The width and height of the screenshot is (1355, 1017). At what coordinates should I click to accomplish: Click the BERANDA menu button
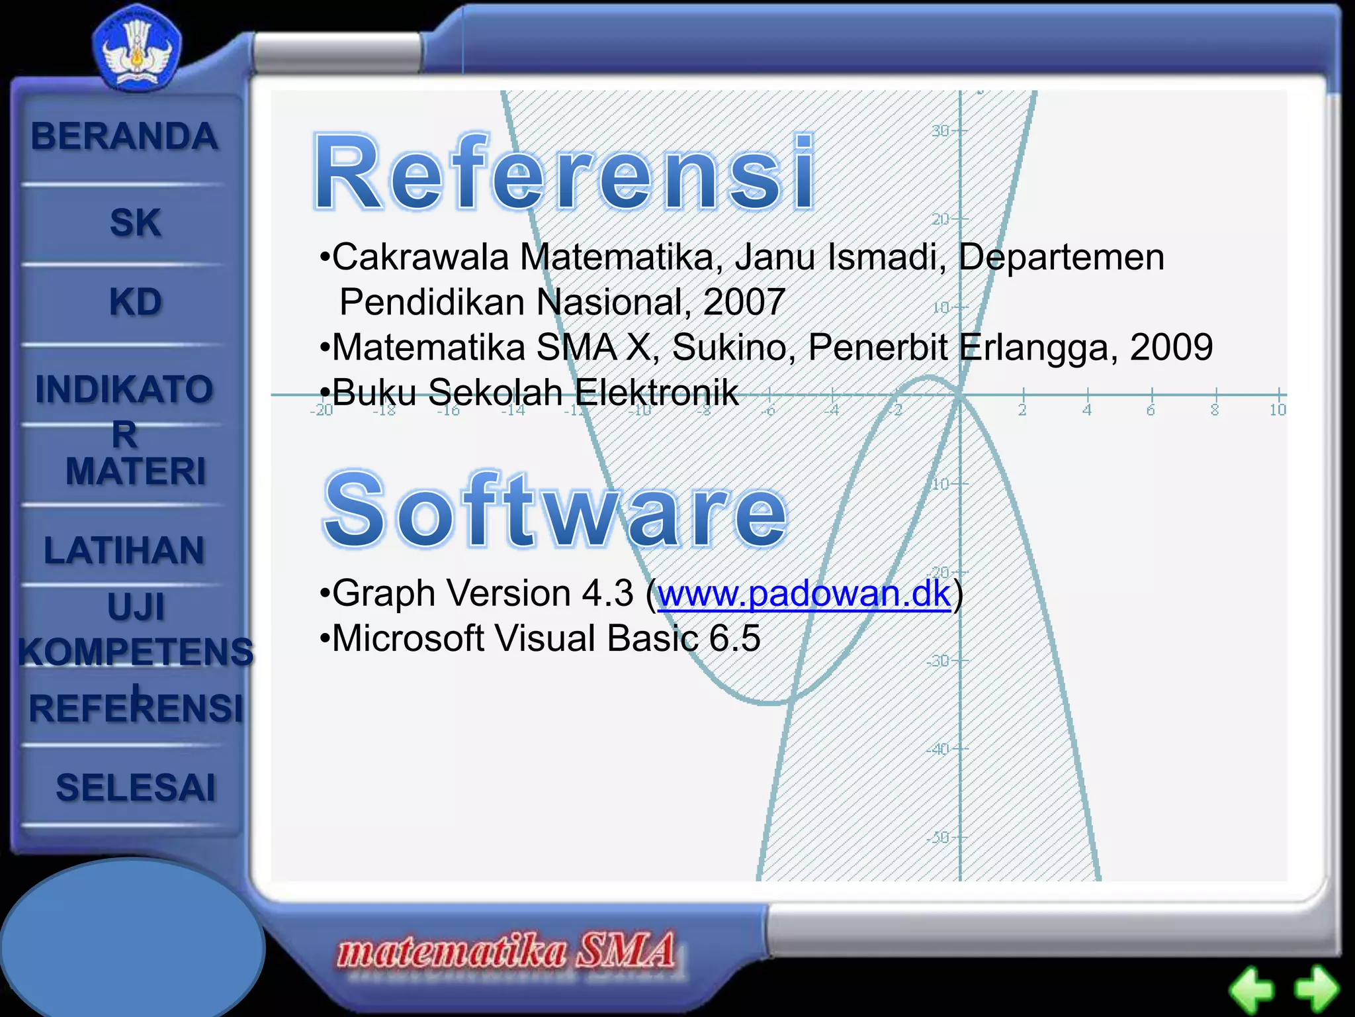pyautogui.click(x=124, y=137)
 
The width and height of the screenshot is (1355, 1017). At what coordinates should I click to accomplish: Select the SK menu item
pyautogui.click(x=135, y=222)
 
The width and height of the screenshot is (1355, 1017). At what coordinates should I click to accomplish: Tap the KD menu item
pyautogui.click(x=135, y=303)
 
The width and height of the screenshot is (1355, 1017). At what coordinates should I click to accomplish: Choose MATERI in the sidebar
pyautogui.click(x=135, y=471)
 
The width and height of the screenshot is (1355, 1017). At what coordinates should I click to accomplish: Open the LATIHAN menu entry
pyautogui.click(x=124, y=551)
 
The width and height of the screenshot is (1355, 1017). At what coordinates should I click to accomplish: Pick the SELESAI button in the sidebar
pyautogui.click(x=136, y=788)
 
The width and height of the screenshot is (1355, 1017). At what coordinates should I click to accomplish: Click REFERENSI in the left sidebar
pyautogui.click(x=136, y=708)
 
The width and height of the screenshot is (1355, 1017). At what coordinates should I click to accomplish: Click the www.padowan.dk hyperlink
pyautogui.click(x=804, y=593)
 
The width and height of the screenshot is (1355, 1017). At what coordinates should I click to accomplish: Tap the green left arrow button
pyautogui.click(x=1251, y=990)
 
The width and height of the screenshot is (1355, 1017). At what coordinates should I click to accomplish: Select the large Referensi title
pyautogui.click(x=564, y=173)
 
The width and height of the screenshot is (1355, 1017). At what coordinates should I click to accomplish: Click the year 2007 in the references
pyautogui.click(x=744, y=303)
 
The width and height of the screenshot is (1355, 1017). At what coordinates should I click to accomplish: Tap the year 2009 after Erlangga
pyautogui.click(x=1171, y=348)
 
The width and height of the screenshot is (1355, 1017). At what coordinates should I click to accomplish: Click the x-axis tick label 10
pyautogui.click(x=1277, y=410)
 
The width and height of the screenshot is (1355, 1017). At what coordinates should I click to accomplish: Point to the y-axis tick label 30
pyautogui.click(x=940, y=130)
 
